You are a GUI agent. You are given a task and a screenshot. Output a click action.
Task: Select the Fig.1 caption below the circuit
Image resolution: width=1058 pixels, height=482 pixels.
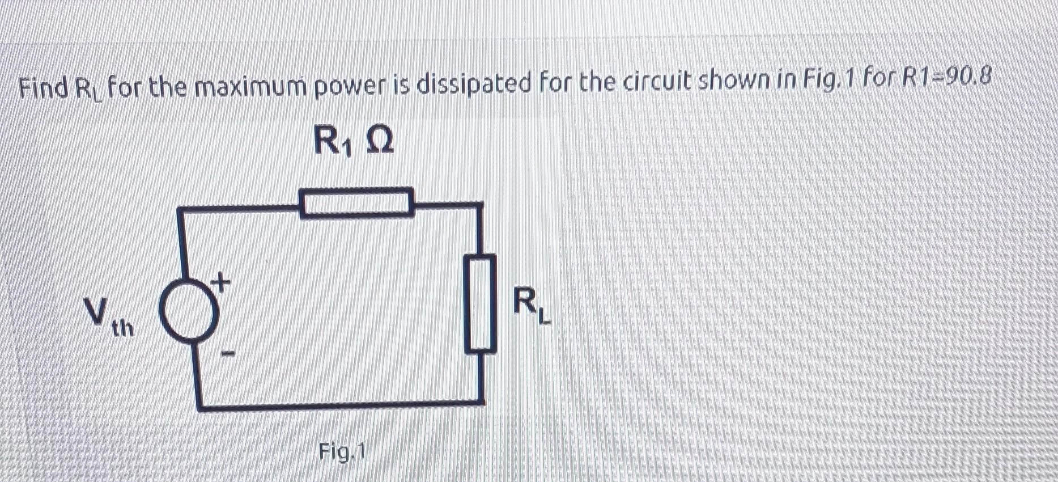(342, 452)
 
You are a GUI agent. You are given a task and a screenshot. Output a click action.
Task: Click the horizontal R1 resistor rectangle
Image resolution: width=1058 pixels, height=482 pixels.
(356, 202)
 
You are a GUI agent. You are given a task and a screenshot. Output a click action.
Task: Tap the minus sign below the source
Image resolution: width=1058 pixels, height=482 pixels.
(227, 355)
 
